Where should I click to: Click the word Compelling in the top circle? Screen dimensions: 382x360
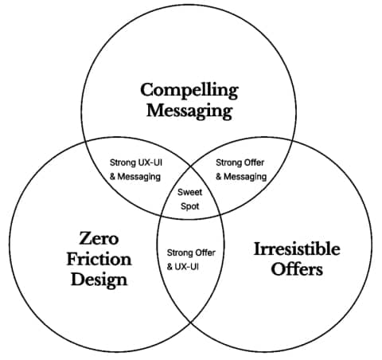click(x=189, y=91)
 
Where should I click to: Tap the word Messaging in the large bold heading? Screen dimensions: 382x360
click(x=189, y=112)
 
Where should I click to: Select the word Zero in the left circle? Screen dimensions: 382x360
click(x=99, y=238)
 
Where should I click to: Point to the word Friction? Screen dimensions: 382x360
click(x=99, y=259)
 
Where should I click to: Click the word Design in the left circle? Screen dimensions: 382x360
click(x=99, y=280)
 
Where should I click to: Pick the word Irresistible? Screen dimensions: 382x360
click(x=297, y=248)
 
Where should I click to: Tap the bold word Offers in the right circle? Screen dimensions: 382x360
click(x=297, y=269)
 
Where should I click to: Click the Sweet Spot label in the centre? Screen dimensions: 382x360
click(x=189, y=199)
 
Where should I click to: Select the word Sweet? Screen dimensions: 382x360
click(x=189, y=192)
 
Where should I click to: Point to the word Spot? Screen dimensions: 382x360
click(x=189, y=206)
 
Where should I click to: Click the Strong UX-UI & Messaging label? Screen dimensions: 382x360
click(x=135, y=170)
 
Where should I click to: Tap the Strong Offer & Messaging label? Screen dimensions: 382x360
click(x=241, y=170)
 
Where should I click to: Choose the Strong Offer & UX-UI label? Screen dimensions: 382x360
click(x=191, y=260)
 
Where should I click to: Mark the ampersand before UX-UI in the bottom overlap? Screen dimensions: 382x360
click(x=170, y=267)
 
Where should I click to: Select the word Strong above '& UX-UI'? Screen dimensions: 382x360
click(x=177, y=253)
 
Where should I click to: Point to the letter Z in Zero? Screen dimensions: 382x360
click(x=85, y=238)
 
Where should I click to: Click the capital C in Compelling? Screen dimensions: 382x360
click(x=146, y=90)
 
